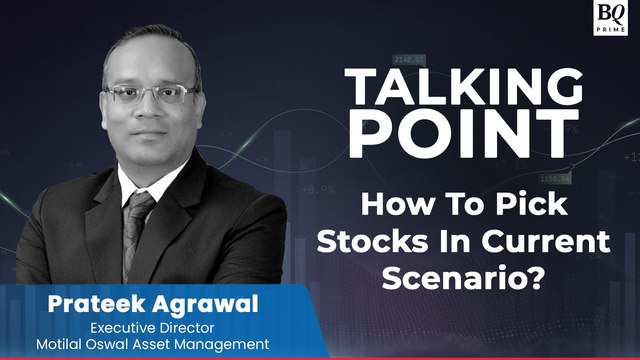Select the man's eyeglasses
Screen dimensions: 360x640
coord(150,96)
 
